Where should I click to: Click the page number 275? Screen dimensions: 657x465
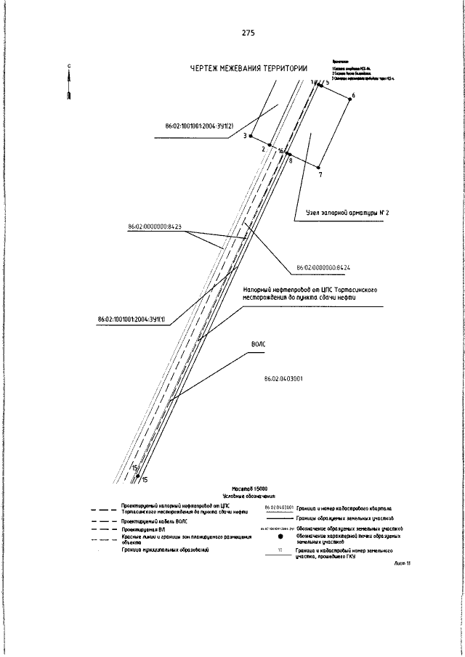[248, 33]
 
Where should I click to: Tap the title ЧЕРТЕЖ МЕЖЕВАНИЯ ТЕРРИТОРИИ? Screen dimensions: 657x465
[248, 69]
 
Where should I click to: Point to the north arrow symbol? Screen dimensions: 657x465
[69, 84]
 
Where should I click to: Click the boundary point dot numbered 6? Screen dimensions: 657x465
[349, 99]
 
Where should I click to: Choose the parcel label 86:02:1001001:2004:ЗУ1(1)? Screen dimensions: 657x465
[131, 319]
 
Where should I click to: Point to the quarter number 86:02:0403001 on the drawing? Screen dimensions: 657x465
[283, 379]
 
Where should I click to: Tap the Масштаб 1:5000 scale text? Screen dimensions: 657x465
[253, 489]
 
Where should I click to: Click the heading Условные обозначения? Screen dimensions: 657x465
[253, 496]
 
